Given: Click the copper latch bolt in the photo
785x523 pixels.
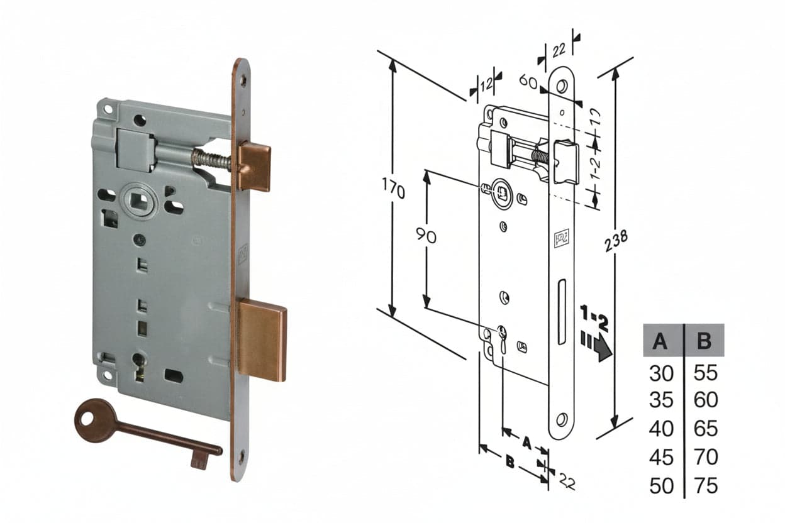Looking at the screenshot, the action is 254,167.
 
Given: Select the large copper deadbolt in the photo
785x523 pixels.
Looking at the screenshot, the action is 262,339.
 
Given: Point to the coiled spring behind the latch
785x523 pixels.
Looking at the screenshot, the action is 211,158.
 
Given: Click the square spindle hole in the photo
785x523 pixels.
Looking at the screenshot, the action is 139,201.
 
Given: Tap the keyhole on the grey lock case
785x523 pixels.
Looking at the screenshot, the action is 139,366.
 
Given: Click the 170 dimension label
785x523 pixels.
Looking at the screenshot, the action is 394,189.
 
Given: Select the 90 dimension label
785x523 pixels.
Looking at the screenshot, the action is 426,235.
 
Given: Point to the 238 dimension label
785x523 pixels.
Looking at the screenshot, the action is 616,241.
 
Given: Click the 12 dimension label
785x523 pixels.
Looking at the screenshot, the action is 486,85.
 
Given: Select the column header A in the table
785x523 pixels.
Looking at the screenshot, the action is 660,340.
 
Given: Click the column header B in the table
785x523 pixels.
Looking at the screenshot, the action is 704,340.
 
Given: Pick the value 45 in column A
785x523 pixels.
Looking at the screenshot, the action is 661,457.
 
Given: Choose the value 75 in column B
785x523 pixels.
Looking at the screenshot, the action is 706,485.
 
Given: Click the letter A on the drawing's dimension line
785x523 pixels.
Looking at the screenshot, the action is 526,443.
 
